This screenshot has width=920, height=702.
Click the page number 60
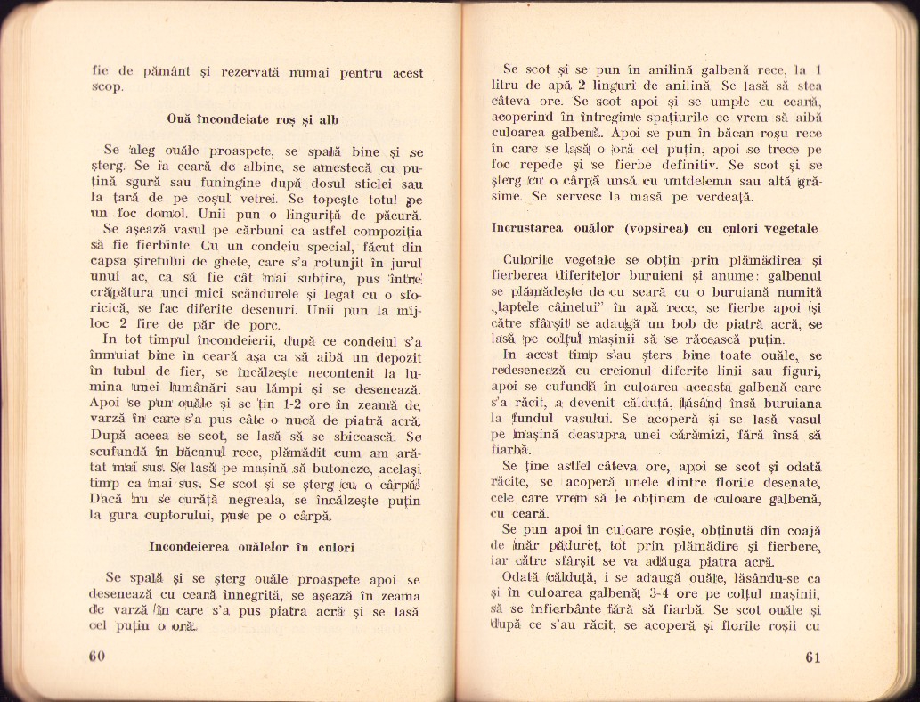tap(97, 657)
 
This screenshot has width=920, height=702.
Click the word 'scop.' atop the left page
tap(110, 88)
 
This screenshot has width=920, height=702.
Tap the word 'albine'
tap(233, 167)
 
